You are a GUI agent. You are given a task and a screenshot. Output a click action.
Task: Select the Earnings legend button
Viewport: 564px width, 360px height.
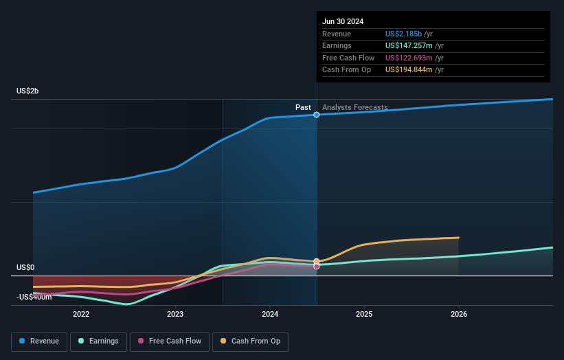[x=98, y=341]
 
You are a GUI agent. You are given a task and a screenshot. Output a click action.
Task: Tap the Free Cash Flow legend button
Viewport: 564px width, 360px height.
[x=169, y=341]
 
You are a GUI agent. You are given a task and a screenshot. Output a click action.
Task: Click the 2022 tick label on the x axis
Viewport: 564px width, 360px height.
[x=81, y=314]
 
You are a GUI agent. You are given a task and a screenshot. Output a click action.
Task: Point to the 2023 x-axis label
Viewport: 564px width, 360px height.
[x=175, y=314]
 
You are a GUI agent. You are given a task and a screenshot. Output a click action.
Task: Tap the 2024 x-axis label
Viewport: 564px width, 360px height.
[x=270, y=314]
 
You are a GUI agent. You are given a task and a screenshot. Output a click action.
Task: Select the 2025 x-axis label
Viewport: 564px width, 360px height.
[x=364, y=314]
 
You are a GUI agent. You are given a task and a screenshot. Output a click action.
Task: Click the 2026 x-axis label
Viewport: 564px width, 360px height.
[x=459, y=314]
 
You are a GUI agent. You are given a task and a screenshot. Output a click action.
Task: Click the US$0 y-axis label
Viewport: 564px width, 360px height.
[x=25, y=267]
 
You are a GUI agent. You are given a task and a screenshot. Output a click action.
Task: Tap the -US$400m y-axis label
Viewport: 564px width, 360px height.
[x=34, y=297]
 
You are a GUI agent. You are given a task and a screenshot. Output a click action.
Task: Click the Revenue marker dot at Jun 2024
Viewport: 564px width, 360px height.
[x=317, y=115]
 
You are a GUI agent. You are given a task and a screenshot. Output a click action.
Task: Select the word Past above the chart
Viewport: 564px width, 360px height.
[x=303, y=107]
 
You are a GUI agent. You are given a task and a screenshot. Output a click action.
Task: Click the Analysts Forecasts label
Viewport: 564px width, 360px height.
[x=354, y=107]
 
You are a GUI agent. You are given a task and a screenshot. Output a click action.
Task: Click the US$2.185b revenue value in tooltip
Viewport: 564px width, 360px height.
[x=404, y=34]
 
